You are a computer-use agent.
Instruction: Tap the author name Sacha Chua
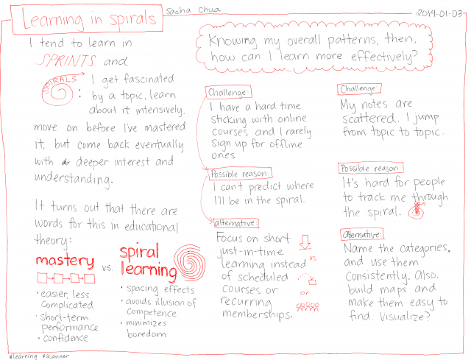(x=193, y=10)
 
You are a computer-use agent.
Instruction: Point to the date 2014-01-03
(x=439, y=13)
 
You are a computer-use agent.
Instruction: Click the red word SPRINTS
(x=66, y=60)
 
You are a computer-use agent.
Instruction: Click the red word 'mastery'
(x=65, y=261)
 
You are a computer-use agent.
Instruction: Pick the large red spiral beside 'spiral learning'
(x=190, y=262)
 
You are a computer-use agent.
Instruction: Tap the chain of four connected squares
(x=66, y=278)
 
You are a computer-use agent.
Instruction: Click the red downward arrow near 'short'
(x=305, y=242)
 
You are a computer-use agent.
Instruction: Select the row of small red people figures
(x=308, y=307)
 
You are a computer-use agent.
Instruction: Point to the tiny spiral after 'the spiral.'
(x=417, y=211)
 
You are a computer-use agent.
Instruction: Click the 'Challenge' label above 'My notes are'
(x=359, y=89)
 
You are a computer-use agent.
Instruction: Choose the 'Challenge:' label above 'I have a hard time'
(x=229, y=92)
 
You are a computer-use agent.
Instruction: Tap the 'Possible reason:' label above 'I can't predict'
(x=240, y=174)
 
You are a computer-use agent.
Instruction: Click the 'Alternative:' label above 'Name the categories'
(x=362, y=234)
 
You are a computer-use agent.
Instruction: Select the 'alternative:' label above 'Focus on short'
(x=235, y=223)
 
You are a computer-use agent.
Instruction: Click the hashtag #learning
(x=24, y=356)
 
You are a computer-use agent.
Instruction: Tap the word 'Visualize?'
(x=405, y=317)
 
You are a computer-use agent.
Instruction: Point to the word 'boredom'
(x=146, y=333)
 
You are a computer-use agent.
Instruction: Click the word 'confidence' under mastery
(x=65, y=338)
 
